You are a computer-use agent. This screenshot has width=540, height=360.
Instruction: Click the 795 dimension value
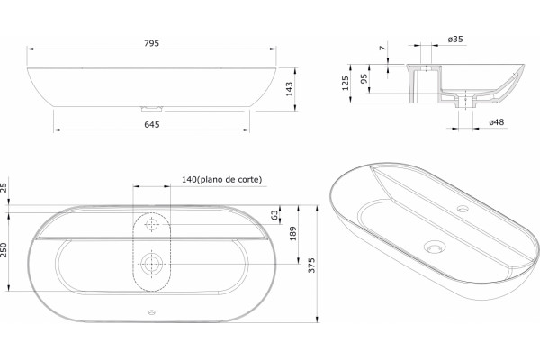pos(151,43)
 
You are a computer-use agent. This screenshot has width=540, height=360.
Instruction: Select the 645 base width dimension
pos(152,124)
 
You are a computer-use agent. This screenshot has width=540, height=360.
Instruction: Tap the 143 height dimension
pos(289,89)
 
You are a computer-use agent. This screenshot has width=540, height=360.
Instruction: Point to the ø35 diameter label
pos(455,40)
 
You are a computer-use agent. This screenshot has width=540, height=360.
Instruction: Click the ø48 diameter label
pos(497,122)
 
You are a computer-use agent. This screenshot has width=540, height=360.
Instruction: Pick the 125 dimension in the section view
pos(345,83)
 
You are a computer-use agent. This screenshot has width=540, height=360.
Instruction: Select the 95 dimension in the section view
pos(364,79)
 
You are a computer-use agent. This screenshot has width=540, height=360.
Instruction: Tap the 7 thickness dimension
pos(383,48)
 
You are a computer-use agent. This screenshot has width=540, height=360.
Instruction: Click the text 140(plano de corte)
pos(221,179)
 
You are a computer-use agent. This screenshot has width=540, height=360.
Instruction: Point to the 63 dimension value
pos(274,215)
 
